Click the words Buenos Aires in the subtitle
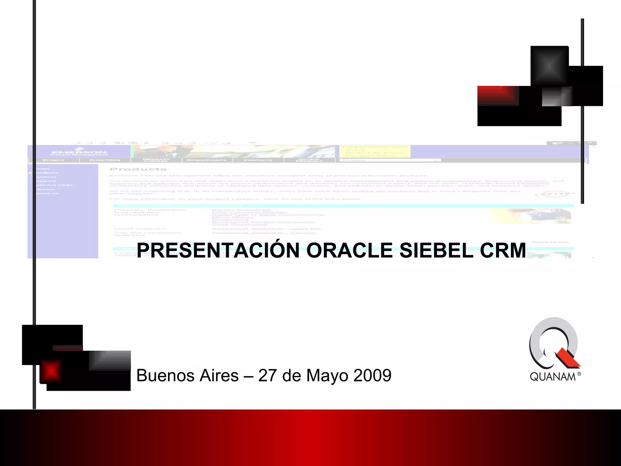[187, 376]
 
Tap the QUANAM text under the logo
[552, 377]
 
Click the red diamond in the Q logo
[568, 358]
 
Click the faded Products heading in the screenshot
[138, 169]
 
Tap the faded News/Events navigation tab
[207, 160]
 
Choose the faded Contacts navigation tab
[258, 160]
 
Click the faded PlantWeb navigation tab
[105, 160]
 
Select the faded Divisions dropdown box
[390, 160]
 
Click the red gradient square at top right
[498, 96]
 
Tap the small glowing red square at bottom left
[51, 371]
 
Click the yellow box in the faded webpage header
[374, 151]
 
